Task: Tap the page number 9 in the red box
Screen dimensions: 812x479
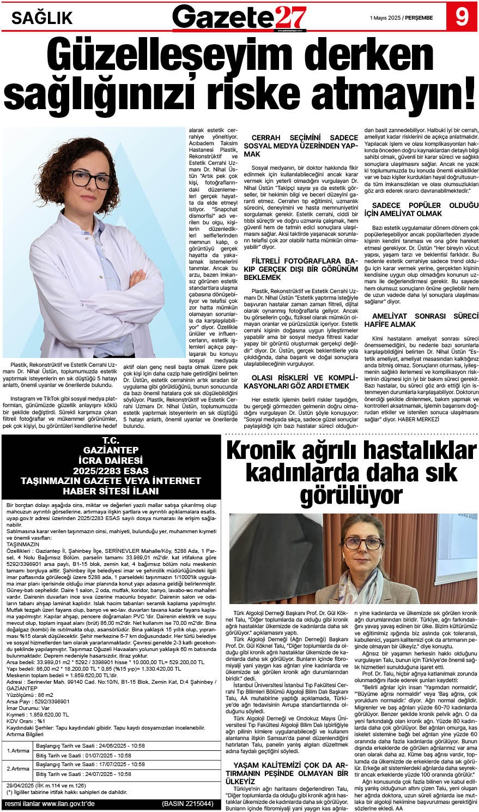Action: click(462, 17)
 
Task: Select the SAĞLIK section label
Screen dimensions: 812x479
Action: click(42, 19)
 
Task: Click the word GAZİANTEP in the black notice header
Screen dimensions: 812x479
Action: click(110, 450)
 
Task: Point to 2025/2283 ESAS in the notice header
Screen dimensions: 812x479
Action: click(110, 470)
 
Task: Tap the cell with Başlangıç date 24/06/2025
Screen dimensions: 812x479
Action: click(90, 745)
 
